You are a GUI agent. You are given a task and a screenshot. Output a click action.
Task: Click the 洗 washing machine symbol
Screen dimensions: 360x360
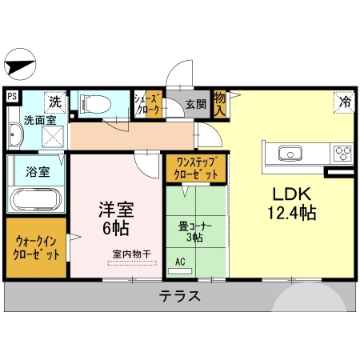coord(54,102)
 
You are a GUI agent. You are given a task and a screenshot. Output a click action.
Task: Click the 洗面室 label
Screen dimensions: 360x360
coord(37,121)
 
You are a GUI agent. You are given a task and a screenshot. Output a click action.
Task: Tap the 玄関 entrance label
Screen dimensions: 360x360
coord(196,103)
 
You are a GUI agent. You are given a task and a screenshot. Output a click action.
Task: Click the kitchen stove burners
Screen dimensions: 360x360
coord(344,153)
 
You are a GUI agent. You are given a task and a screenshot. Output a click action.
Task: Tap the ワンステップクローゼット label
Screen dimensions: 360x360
coord(195,168)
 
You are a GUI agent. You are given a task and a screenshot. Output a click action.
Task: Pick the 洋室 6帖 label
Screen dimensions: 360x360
coord(115,218)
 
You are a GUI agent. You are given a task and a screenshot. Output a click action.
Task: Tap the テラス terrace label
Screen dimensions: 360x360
coord(178,295)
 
